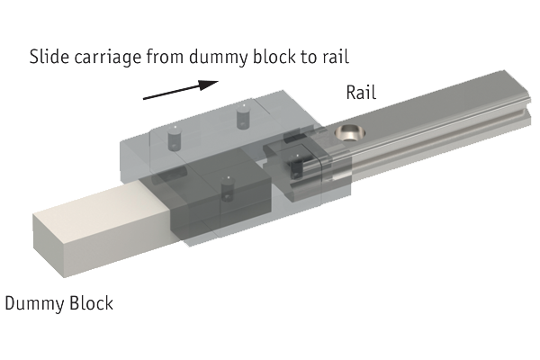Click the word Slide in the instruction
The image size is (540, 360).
(x=49, y=58)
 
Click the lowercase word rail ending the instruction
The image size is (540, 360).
(x=347, y=58)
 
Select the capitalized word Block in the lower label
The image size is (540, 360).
(x=92, y=302)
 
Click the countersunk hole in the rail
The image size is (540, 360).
(x=348, y=134)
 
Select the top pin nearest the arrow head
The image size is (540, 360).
(x=240, y=117)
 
